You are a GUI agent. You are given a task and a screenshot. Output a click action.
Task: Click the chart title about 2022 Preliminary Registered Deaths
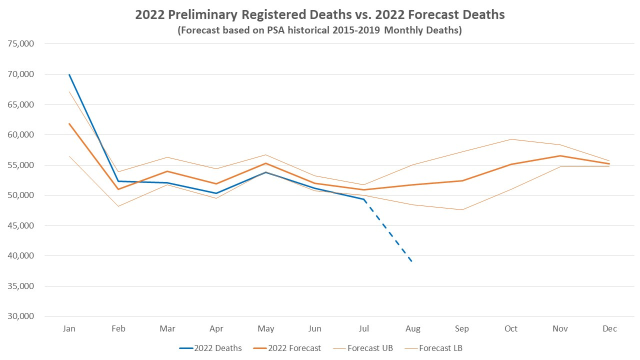click(320, 15)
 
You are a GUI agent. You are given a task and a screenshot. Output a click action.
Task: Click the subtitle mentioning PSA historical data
click(320, 30)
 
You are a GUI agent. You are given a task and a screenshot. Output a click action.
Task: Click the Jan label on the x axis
click(69, 328)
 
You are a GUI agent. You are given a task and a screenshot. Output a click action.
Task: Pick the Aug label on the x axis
click(413, 328)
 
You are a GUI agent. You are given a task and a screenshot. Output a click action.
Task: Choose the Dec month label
click(609, 328)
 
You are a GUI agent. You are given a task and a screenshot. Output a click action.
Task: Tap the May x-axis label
click(266, 328)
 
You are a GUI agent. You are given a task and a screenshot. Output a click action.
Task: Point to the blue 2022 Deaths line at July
click(364, 199)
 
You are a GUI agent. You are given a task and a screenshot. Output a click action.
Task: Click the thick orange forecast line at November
click(560, 155)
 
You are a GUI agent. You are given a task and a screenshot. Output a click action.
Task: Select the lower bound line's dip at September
click(462, 209)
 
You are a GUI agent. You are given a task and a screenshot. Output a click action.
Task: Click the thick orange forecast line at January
click(69, 123)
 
